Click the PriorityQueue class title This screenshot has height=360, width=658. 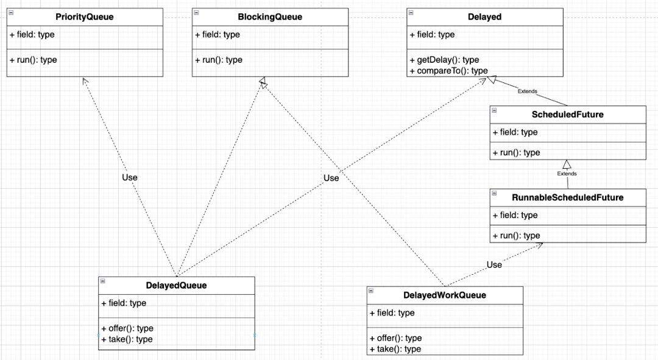tap(84, 17)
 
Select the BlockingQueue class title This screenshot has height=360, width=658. tap(270, 17)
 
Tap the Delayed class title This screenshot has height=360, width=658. tap(485, 17)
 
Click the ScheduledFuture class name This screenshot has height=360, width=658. tap(567, 115)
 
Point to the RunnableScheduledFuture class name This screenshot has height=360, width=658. tap(567, 197)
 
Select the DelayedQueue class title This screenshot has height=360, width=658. tap(176, 286)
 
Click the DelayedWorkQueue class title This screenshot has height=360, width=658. tap(444, 295)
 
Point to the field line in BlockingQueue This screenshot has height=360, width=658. tap(217, 35)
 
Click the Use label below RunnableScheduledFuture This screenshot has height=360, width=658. tap(494, 265)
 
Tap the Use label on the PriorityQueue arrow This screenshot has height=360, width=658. tap(130, 177)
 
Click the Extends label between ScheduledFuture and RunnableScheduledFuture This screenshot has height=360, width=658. tap(567, 174)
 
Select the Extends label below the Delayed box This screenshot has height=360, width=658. tap(527, 91)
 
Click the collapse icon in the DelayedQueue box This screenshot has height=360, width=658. tap(103, 281)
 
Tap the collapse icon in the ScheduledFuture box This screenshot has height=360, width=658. tap(494, 110)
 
